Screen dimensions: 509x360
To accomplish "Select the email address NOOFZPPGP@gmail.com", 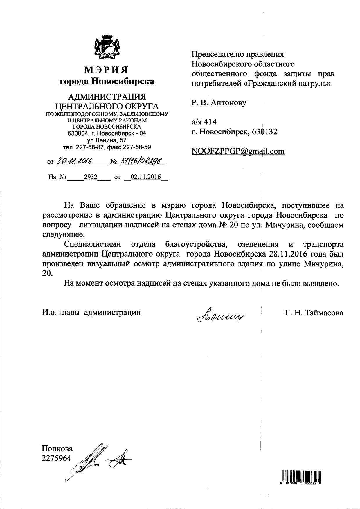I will click(x=238, y=151).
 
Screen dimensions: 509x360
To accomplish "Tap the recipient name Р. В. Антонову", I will click(x=219, y=102).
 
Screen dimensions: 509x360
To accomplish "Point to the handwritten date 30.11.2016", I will click(x=74, y=161).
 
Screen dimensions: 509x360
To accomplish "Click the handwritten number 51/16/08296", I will click(x=141, y=161).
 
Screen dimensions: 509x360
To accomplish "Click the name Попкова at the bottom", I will click(x=57, y=449).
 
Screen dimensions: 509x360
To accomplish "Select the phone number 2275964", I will click(x=57, y=458).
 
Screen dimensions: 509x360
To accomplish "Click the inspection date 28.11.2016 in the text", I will click(x=288, y=254).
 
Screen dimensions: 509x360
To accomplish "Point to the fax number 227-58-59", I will click(x=137, y=147).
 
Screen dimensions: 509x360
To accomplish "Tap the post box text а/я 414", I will click(x=204, y=122).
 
